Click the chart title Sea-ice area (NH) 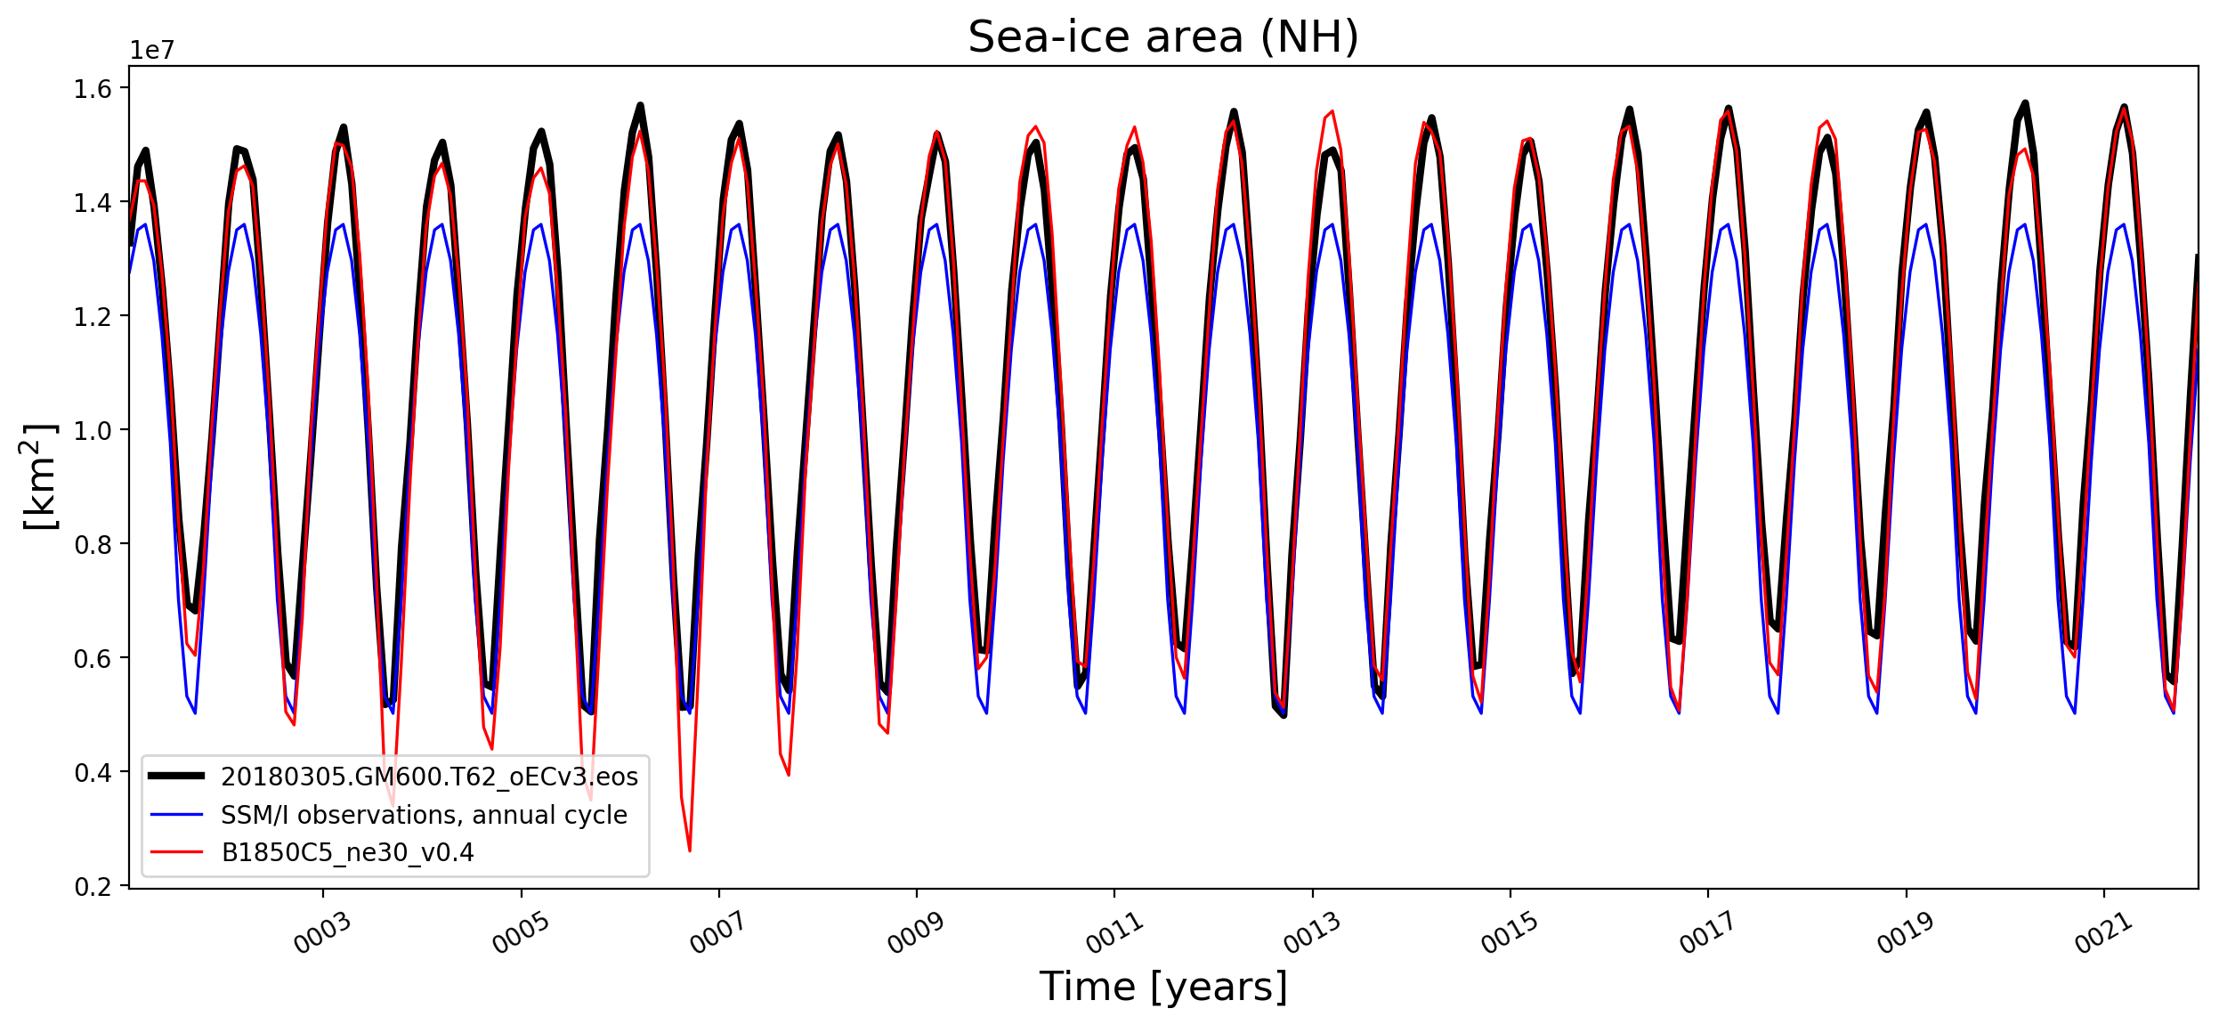click(x=1162, y=37)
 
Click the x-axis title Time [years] click(x=1162, y=987)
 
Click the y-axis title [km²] click(x=38, y=476)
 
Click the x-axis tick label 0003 click(x=322, y=934)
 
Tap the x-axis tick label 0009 click(x=916, y=934)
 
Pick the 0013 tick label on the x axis click(x=1312, y=934)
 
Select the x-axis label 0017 click(x=1708, y=934)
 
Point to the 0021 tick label click(x=2104, y=934)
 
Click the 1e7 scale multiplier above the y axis click(x=152, y=51)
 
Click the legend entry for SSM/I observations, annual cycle click(x=425, y=815)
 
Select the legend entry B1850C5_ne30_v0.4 click(x=348, y=853)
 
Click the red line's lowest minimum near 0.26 click(x=690, y=850)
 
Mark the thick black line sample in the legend click(x=176, y=776)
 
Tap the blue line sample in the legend click(x=176, y=815)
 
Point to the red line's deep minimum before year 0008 click(x=789, y=775)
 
